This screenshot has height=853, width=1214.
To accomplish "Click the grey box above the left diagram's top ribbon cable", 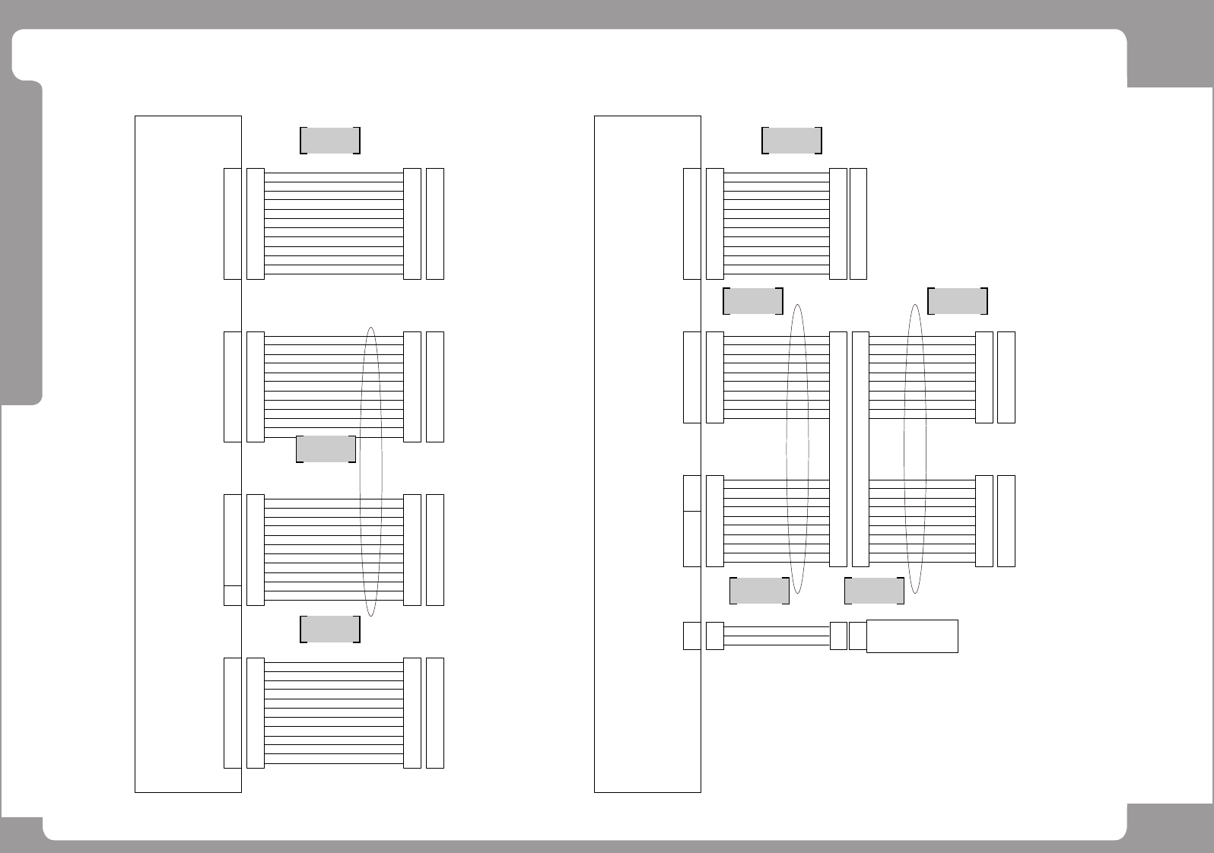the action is point(330,141).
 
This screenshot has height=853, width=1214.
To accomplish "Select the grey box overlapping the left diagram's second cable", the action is point(326,449).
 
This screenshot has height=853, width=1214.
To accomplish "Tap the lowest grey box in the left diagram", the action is point(330,629).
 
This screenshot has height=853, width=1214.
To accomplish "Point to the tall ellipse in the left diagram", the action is point(370,471).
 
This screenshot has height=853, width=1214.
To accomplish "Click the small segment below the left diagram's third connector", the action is point(232,595).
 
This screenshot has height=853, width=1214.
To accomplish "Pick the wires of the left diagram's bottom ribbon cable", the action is point(333,713).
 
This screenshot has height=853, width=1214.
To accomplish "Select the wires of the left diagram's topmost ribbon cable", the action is point(333,224).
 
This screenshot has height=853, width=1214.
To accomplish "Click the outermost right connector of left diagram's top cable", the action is point(435,224).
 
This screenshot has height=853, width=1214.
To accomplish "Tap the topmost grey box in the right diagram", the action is point(791,141).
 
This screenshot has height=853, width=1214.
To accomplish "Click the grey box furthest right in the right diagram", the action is point(958,302).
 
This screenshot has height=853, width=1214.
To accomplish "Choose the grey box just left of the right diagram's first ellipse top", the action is point(752,302).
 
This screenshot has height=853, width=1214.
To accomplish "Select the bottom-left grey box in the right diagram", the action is point(759,591).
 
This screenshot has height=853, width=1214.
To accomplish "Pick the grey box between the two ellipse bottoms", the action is point(874,591).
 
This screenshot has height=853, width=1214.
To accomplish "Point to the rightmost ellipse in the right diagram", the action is point(915,449).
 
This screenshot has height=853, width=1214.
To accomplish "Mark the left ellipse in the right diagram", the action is point(797,449).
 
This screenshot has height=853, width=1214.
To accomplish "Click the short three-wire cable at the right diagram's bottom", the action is point(776,636).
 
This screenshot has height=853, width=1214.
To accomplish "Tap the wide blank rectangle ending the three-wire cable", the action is point(912,636).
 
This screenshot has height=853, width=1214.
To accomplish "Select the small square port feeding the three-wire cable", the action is point(691,636).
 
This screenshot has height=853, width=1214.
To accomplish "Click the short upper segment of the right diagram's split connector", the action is point(691,493).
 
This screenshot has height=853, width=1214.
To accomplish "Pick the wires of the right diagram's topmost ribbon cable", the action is point(776,224).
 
